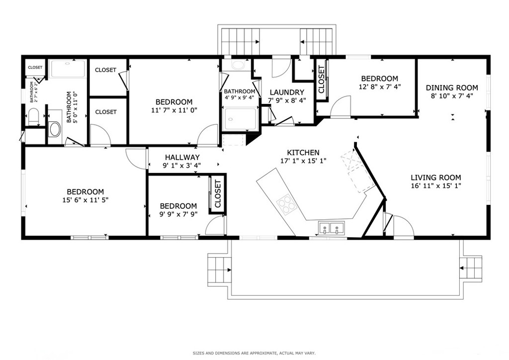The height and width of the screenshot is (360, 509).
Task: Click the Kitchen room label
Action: [303, 153]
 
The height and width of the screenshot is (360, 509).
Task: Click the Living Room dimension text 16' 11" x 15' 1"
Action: [435, 186]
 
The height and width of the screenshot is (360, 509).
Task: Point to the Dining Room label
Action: [452, 88]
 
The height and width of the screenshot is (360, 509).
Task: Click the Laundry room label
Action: [287, 92]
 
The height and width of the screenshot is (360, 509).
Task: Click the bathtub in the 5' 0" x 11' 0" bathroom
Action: [69, 69]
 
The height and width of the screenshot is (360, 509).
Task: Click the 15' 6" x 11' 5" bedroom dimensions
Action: [85, 200]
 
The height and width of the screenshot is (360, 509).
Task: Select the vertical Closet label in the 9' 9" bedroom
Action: [217, 194]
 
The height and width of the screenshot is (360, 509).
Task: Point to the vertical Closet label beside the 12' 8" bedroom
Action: [321, 80]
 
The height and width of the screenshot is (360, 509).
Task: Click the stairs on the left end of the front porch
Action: [217, 270]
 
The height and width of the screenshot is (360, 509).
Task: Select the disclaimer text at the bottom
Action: [254, 353]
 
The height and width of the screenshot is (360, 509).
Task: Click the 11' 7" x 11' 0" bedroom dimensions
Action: [173, 110]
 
